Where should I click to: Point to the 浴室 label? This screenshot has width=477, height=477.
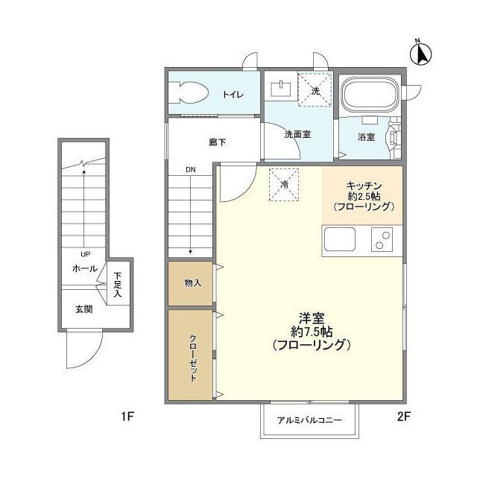click(x=366, y=137)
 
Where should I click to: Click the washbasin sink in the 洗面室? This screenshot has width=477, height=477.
click(x=280, y=88)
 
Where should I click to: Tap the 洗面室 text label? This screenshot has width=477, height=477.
click(x=297, y=136)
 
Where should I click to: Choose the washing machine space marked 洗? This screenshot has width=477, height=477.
click(x=315, y=89)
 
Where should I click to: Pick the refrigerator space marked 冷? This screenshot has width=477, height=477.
click(x=284, y=184)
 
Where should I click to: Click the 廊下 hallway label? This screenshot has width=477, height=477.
click(x=218, y=142)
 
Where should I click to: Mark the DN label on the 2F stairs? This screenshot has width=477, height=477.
click(x=192, y=171)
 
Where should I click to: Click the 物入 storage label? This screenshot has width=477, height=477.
click(x=192, y=283)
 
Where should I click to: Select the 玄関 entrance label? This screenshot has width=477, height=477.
click(x=83, y=309)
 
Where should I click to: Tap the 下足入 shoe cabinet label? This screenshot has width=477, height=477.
click(x=118, y=283)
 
